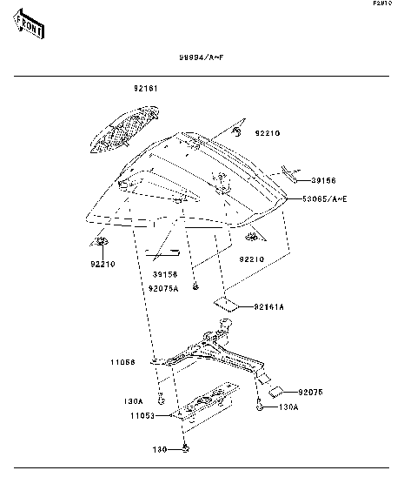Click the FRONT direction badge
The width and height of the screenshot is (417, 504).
click(30, 26)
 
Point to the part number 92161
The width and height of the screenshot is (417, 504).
click(145, 89)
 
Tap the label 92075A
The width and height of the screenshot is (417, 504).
click(163, 287)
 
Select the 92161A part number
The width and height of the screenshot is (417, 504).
click(269, 306)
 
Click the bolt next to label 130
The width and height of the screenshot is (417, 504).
click(186, 448)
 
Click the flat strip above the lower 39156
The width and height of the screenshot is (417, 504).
click(162, 255)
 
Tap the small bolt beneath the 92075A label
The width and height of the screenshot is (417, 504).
click(196, 285)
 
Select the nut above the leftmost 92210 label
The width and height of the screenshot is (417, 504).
click(102, 241)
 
